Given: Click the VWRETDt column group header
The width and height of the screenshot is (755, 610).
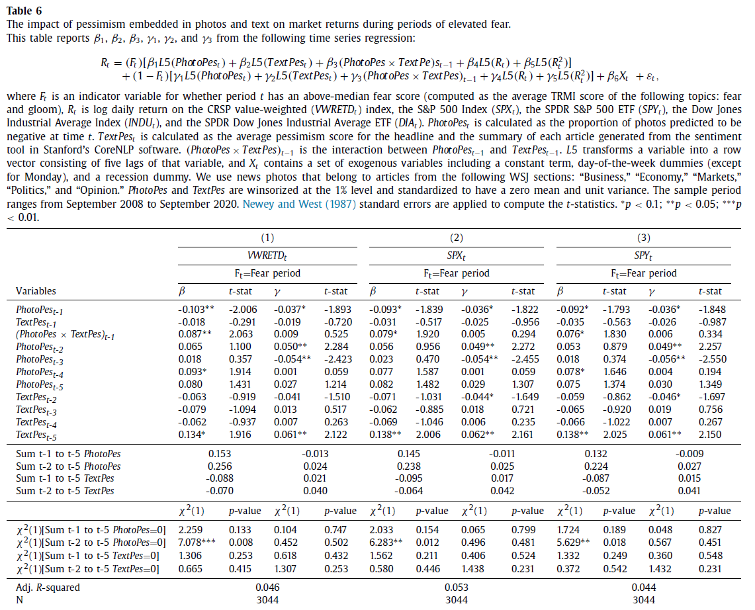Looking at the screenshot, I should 267,255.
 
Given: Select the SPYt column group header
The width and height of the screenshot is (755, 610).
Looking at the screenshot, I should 644,255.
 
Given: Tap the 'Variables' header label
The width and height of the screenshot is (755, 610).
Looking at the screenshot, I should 36,290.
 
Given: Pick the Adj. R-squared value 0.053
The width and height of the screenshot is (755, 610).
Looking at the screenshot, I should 456,587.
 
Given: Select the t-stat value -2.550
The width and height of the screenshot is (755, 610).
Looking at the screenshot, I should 712,359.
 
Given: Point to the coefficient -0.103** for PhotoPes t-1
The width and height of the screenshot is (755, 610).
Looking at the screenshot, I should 197,309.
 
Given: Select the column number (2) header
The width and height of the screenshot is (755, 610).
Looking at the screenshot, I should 456,238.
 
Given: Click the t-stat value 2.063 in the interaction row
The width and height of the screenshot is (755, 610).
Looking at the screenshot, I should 241,334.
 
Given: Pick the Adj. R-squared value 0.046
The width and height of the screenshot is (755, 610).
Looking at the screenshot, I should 267,587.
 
